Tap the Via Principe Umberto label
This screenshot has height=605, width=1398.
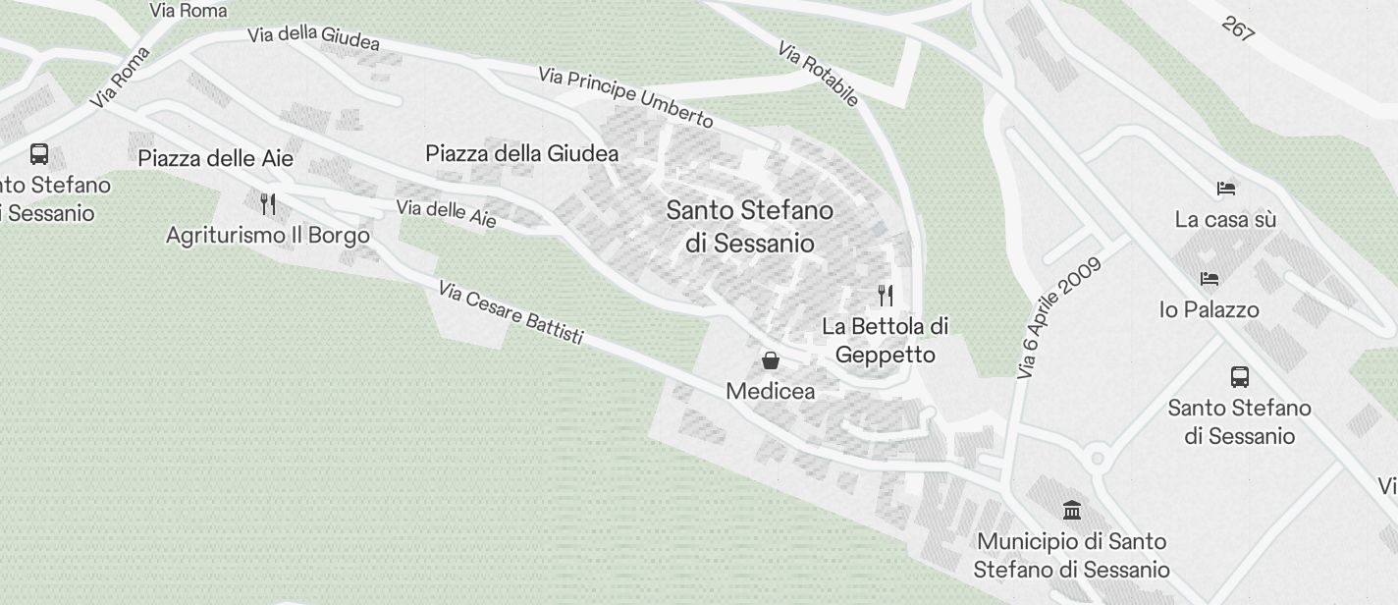tap(625, 97)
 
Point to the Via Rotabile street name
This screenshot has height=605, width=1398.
tap(818, 73)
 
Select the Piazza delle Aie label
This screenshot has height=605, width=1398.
tap(215, 158)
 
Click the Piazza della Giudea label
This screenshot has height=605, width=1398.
tap(521, 153)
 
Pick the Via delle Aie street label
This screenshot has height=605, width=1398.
tap(446, 213)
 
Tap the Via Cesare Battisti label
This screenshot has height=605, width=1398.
tap(511, 313)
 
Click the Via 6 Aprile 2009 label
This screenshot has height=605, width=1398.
tap(1060, 317)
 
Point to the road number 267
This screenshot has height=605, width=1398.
tap(1239, 28)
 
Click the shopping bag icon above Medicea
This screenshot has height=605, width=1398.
tap(771, 360)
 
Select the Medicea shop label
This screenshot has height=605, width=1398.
tap(771, 391)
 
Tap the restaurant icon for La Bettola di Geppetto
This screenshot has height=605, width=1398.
tap(886, 295)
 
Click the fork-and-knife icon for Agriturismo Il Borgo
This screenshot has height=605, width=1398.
tap(267, 203)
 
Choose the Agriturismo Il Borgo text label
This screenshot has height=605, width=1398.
tap(268, 236)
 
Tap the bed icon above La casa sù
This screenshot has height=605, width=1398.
tap(1225, 189)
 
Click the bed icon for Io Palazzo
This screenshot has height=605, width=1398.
tap(1210, 279)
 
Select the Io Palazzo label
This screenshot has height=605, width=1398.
tap(1210, 309)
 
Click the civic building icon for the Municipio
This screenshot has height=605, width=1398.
tap(1072, 510)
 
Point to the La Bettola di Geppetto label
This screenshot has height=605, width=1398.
tap(886, 340)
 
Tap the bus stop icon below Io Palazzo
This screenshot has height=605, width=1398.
tap(1240, 376)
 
